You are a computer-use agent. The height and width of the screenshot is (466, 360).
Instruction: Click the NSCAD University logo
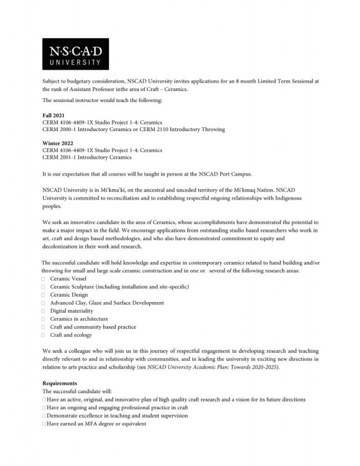point(76,53)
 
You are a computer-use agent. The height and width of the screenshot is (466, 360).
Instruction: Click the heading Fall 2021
point(53,116)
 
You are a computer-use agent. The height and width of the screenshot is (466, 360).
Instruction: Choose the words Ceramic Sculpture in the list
point(71,287)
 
